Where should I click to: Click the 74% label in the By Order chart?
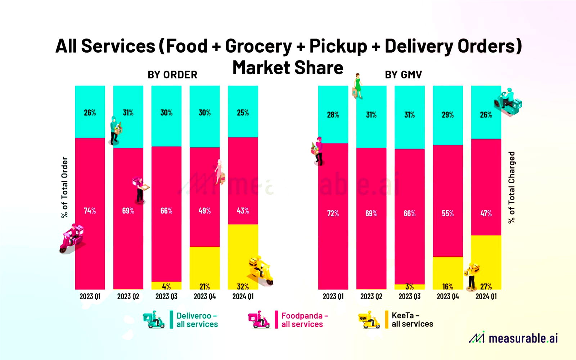(90, 211)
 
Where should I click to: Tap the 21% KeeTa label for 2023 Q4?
(204, 287)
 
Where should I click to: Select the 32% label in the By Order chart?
(243, 287)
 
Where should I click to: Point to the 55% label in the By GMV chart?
(447, 213)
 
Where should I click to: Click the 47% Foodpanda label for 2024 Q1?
(486, 213)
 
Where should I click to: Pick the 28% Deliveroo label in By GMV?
(333, 115)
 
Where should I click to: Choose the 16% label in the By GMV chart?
(447, 287)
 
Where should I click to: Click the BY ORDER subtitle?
(172, 75)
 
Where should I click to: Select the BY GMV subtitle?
(403, 75)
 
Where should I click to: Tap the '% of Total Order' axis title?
(64, 187)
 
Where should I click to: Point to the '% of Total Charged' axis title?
(512, 187)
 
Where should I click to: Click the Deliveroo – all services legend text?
(197, 320)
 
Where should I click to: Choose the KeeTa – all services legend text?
(412, 320)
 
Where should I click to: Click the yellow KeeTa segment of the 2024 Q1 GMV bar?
(486, 259)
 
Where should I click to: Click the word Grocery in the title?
(258, 46)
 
